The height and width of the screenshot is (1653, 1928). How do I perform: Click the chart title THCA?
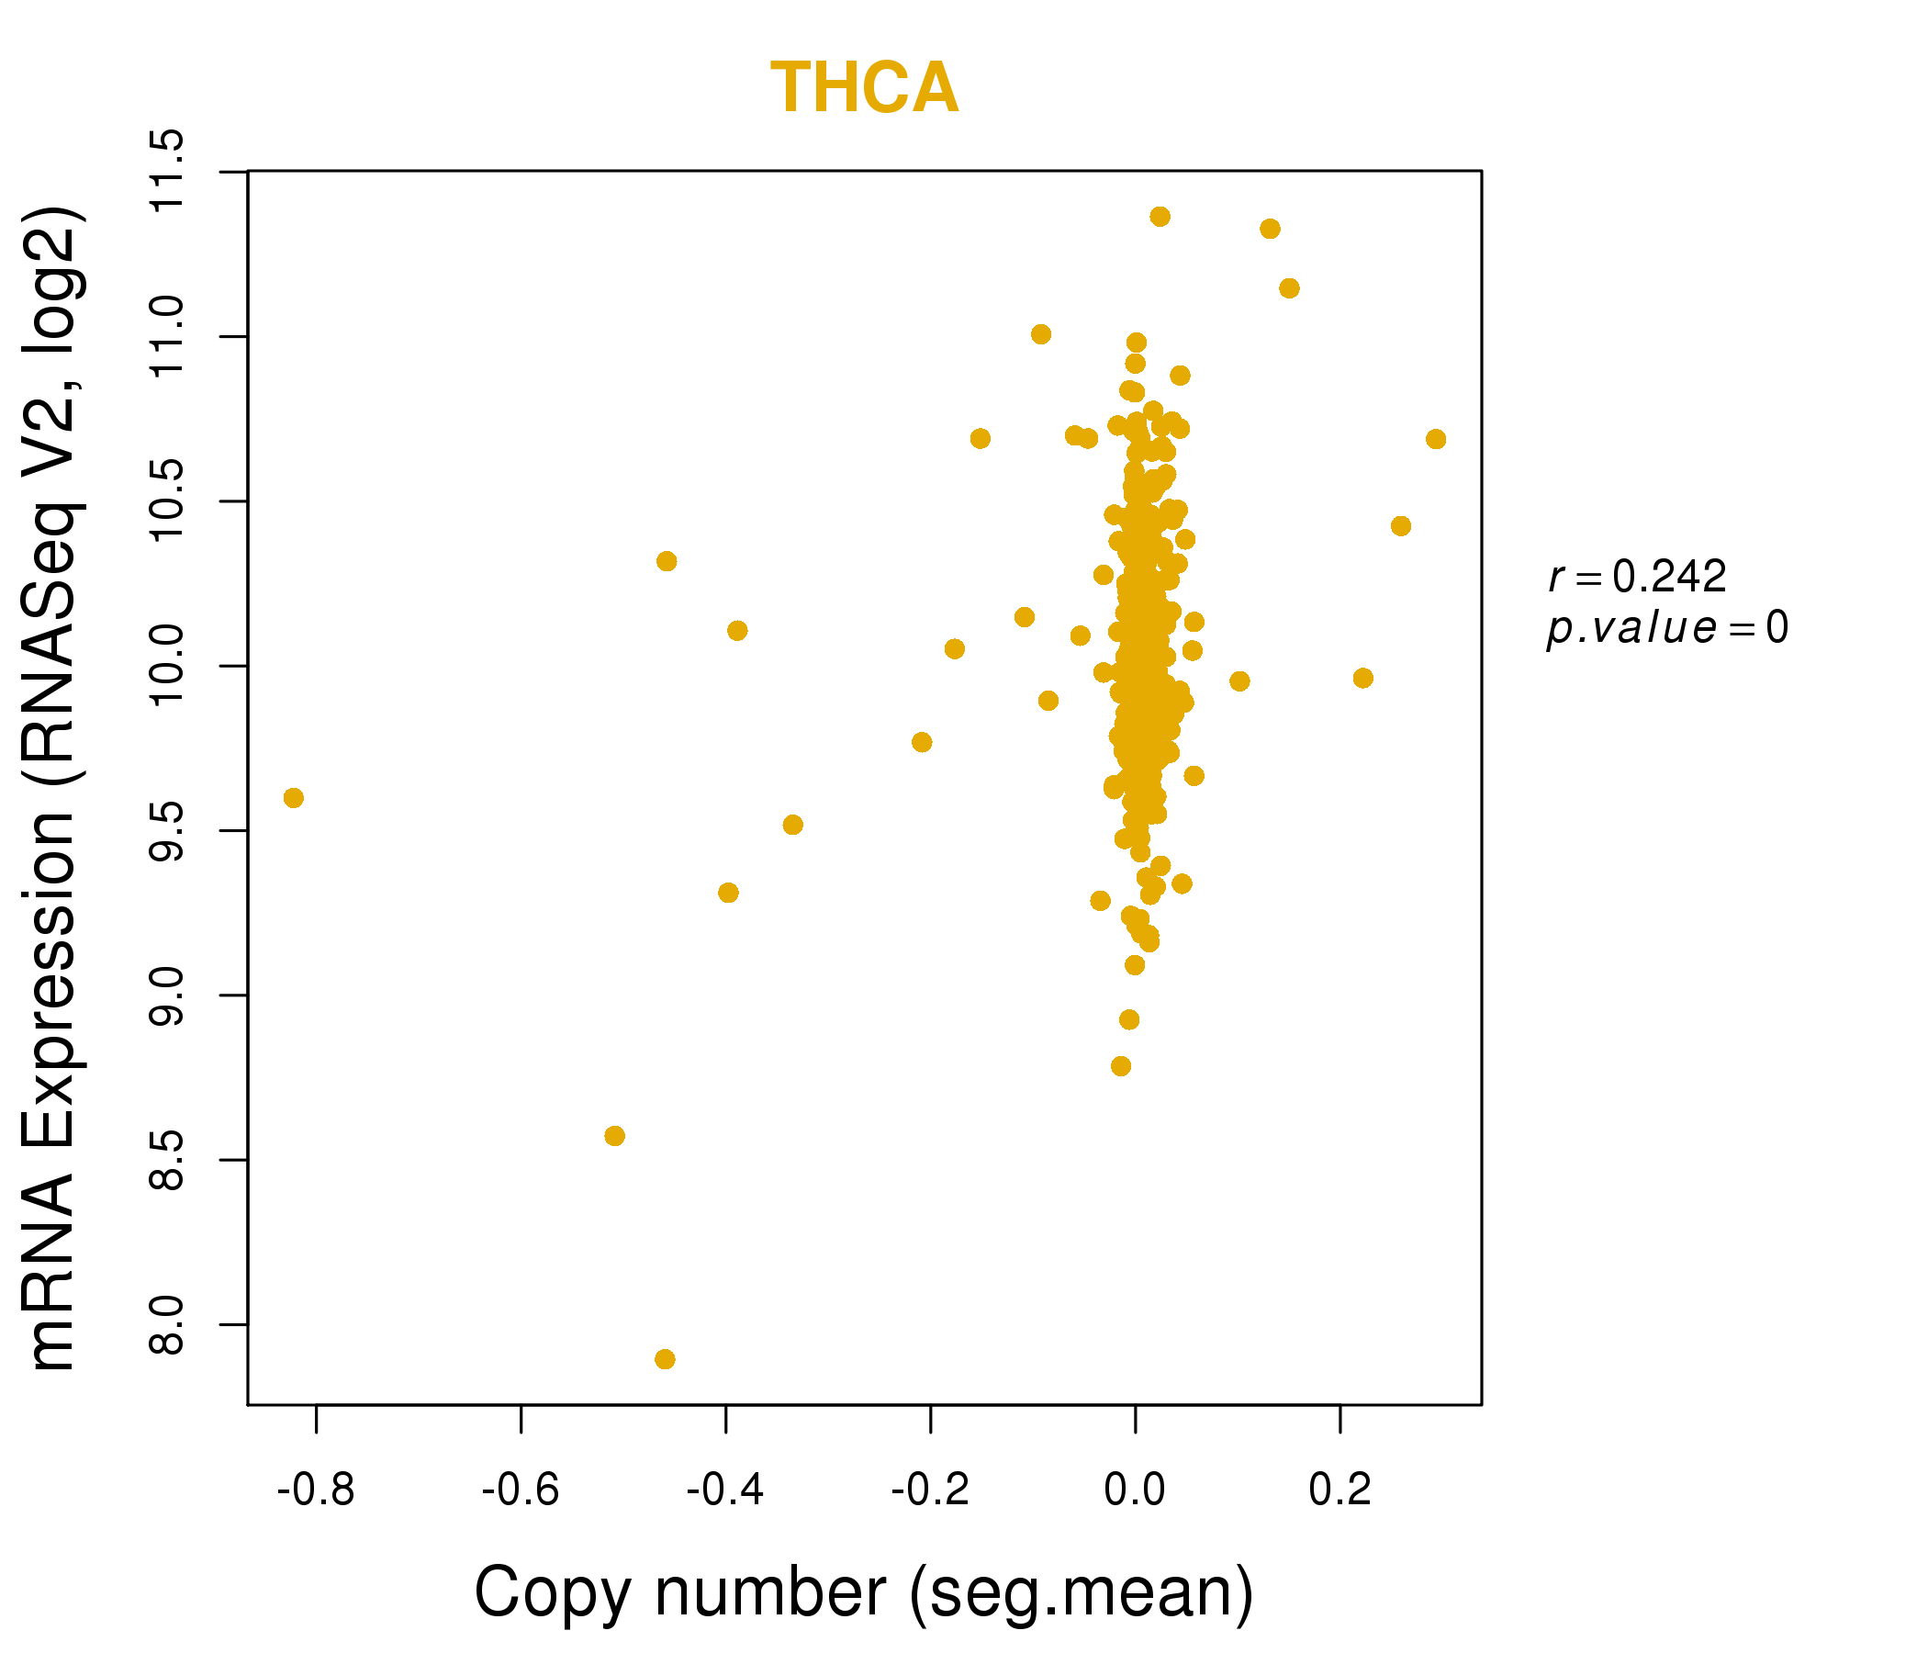click(x=865, y=88)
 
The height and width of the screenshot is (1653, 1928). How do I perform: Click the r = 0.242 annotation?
click(x=1637, y=577)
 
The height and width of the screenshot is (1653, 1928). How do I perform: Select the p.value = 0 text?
click(x=1666, y=628)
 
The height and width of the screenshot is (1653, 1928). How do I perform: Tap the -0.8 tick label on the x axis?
click(x=316, y=1490)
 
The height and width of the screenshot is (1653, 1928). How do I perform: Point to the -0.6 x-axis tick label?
click(x=521, y=1490)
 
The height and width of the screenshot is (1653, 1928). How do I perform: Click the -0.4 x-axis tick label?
click(x=725, y=1490)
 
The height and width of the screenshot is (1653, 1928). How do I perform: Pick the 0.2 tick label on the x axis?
click(x=1340, y=1490)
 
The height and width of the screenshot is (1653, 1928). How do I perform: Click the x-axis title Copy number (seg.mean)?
click(x=865, y=1592)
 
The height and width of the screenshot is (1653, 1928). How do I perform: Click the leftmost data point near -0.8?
click(x=293, y=798)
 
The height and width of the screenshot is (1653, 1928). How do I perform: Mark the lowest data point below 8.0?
click(x=665, y=1359)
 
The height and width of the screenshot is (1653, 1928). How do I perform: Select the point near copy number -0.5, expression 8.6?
click(x=614, y=1135)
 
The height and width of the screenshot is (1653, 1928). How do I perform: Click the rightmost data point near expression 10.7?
click(x=1436, y=439)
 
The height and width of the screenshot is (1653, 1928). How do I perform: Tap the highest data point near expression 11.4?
click(x=1160, y=217)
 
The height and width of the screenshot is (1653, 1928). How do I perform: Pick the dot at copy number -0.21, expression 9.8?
click(x=921, y=742)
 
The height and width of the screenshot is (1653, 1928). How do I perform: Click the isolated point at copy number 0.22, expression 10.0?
click(x=1363, y=678)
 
